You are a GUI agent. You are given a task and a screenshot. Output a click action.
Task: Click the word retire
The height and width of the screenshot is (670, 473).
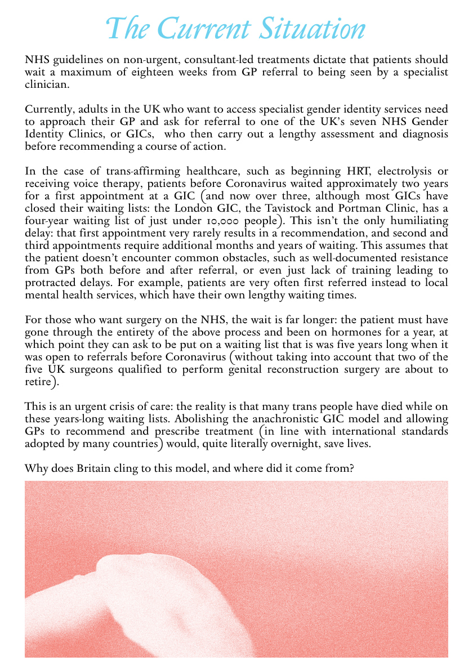point(38,382)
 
